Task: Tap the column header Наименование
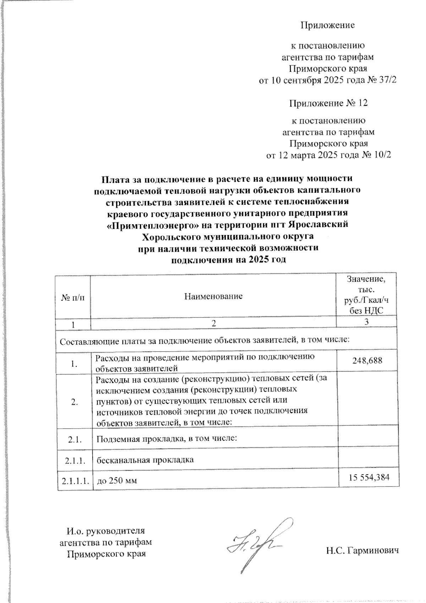click(x=213, y=296)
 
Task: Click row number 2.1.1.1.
click(x=75, y=481)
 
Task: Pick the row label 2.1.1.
click(x=75, y=461)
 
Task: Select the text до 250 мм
click(x=117, y=481)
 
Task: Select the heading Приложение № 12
click(x=328, y=103)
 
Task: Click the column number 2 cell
click(x=213, y=323)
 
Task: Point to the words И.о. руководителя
click(x=106, y=531)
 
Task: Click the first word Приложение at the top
click(x=328, y=25)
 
